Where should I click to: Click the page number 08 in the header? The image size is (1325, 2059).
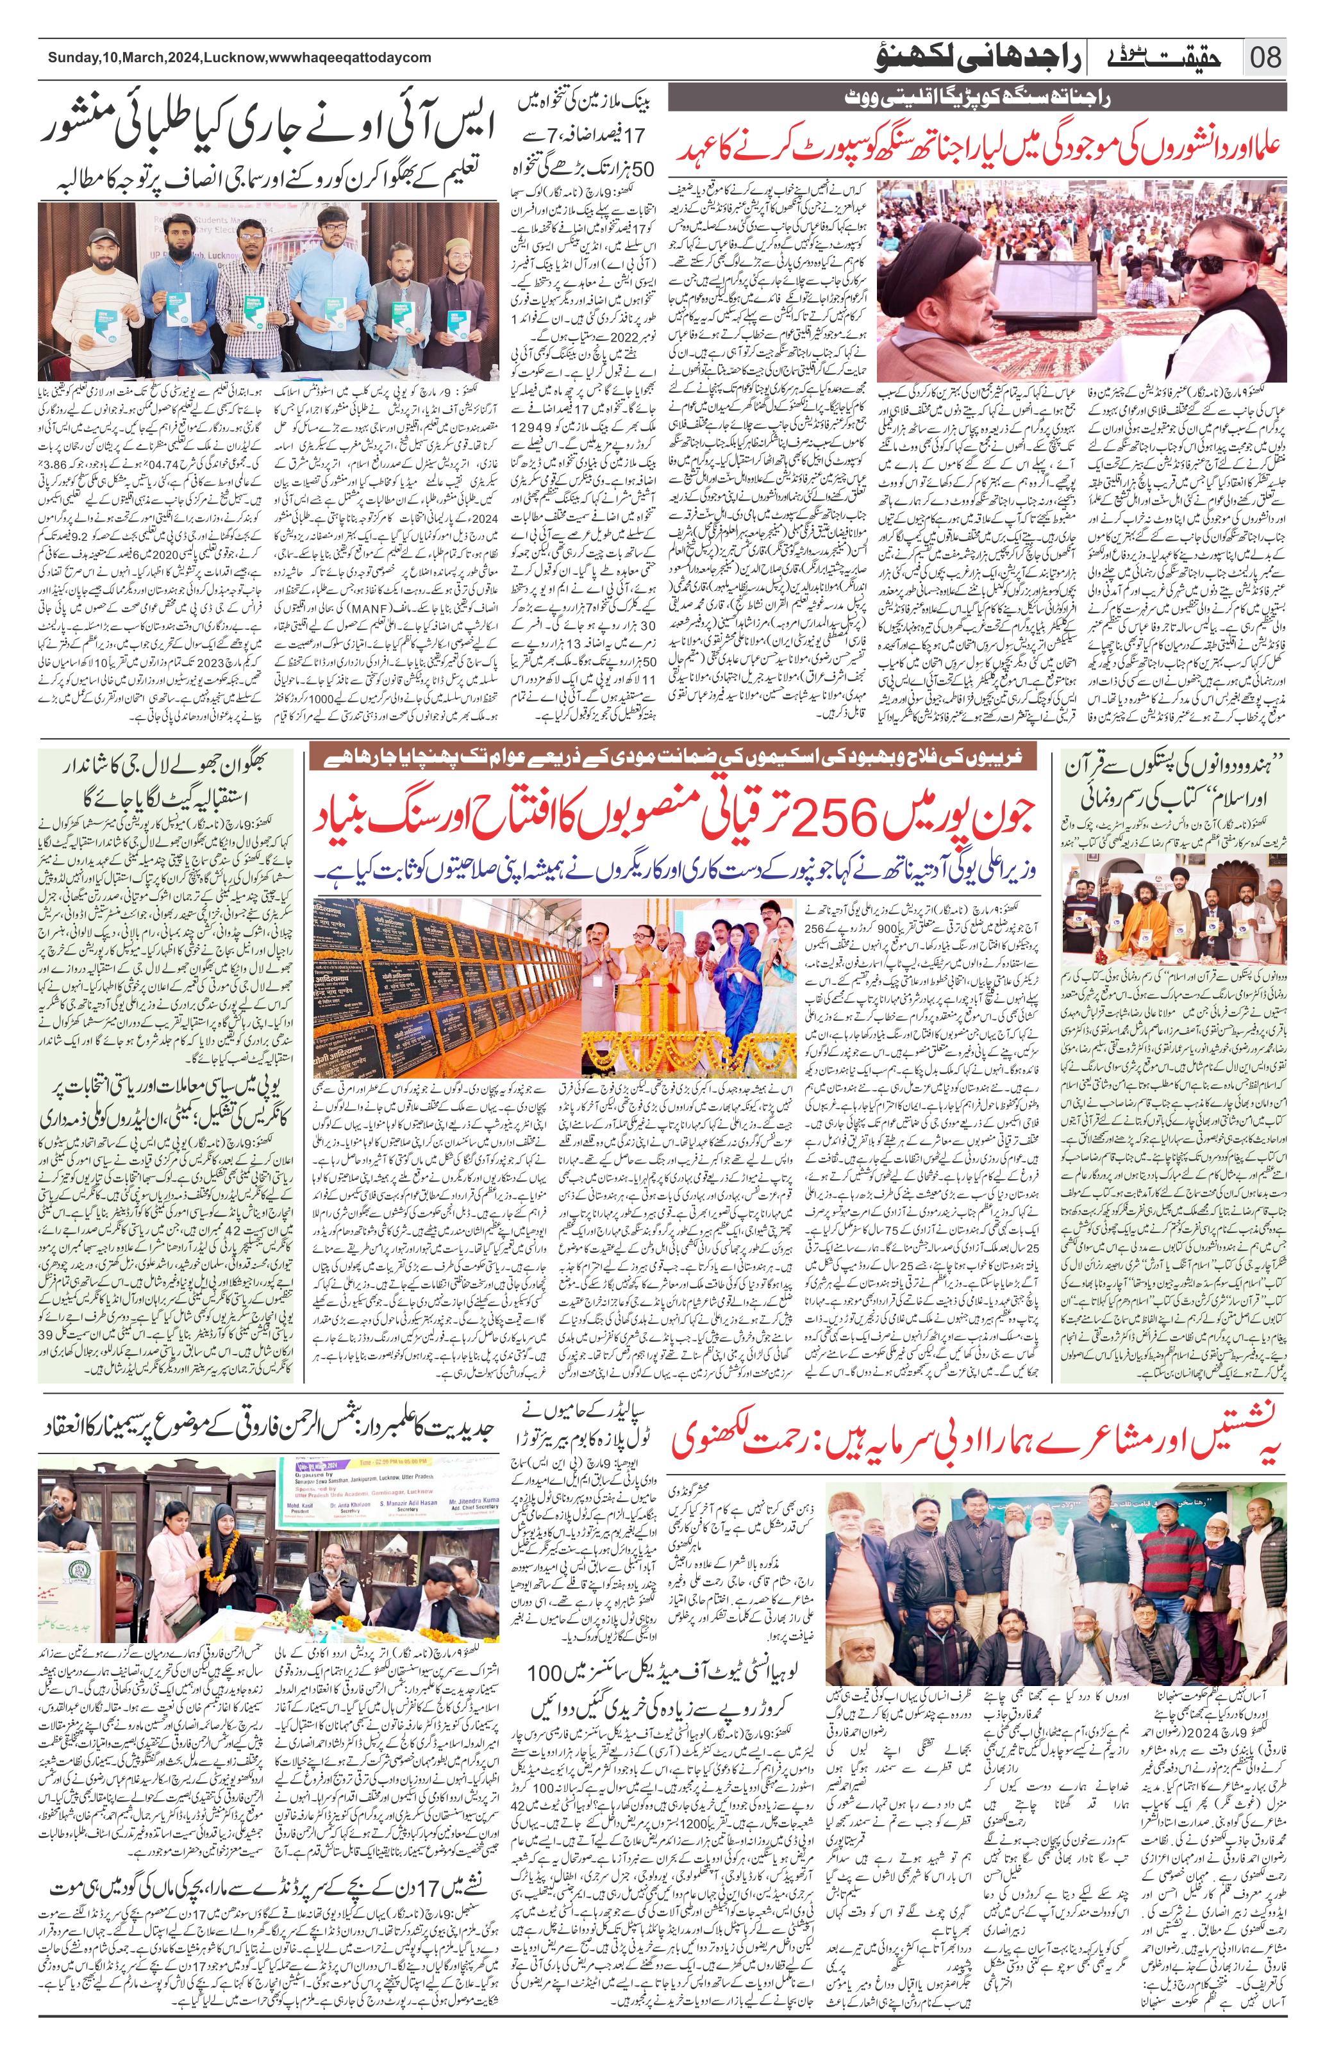tap(1265, 58)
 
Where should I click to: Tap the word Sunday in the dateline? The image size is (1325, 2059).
tap(71, 58)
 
